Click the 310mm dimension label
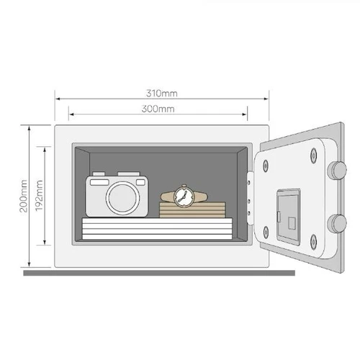pyautogui.click(x=162, y=93)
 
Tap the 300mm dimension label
pyautogui.click(x=158, y=109)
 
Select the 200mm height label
pyautogui.click(x=24, y=196)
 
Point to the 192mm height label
pyautogui.click(x=39, y=196)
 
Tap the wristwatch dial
pyautogui.click(x=184, y=197)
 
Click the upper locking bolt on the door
pyautogui.click(x=337, y=170)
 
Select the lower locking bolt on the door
pyautogui.click(x=337, y=223)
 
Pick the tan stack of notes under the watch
pyautogui.click(x=192, y=210)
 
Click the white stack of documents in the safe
pyautogui.click(x=157, y=228)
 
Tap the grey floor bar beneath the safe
pyautogui.click(x=159, y=273)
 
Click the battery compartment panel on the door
pyautogui.click(x=289, y=217)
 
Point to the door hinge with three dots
pyautogui.click(x=250, y=198)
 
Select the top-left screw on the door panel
pyautogui.click(x=266, y=166)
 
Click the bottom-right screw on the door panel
pyautogui.click(x=313, y=241)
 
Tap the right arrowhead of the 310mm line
pyautogui.click(x=266, y=99)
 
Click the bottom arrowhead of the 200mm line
pyautogui.click(x=30, y=264)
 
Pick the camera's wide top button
pyautogui.click(x=129, y=174)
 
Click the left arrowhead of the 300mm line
pyautogui.click(x=71, y=114)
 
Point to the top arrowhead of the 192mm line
pyautogui.click(x=45, y=150)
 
